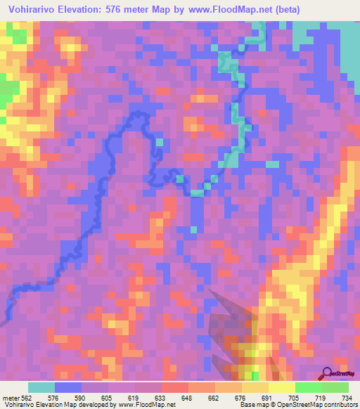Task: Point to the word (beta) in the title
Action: point(287,10)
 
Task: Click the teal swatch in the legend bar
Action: point(41,388)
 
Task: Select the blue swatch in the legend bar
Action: point(68,388)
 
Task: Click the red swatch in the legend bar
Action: point(174,388)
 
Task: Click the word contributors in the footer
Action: point(339,404)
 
